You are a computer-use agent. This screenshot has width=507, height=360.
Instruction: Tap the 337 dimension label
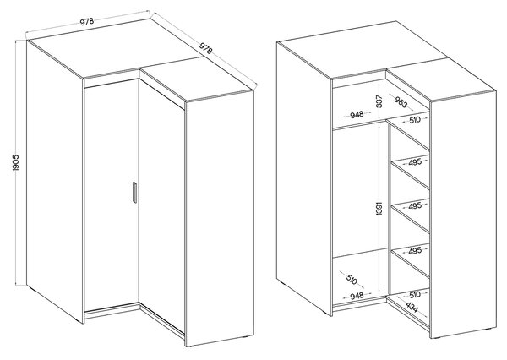(379, 101)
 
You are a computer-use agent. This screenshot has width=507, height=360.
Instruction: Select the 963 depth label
(401, 102)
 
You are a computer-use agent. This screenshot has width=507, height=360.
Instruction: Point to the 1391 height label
(379, 208)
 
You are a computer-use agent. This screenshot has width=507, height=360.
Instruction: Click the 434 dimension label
(412, 308)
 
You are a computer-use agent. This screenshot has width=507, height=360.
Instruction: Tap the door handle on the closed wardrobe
(135, 193)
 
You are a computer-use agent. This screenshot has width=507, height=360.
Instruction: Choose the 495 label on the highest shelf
(415, 163)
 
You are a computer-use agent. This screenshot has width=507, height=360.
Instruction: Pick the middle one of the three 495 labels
(415, 206)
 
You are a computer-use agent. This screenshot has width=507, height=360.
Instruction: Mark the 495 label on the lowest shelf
(415, 251)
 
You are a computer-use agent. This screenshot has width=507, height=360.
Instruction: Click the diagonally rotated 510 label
(352, 280)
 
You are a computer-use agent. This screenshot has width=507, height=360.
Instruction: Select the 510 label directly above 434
(415, 295)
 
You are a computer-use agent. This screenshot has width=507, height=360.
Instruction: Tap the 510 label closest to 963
(415, 120)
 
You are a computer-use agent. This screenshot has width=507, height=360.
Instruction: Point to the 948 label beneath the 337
(357, 115)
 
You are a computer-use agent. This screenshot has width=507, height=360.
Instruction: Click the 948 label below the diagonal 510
(357, 295)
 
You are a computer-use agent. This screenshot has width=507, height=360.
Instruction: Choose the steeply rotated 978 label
(205, 48)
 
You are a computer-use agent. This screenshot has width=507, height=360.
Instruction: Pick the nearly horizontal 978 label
(87, 22)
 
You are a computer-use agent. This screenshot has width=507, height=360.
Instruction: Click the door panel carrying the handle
(112, 196)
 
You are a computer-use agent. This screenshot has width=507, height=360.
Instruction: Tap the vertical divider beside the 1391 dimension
(389, 208)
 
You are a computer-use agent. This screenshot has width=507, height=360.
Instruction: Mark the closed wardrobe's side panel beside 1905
(55, 181)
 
